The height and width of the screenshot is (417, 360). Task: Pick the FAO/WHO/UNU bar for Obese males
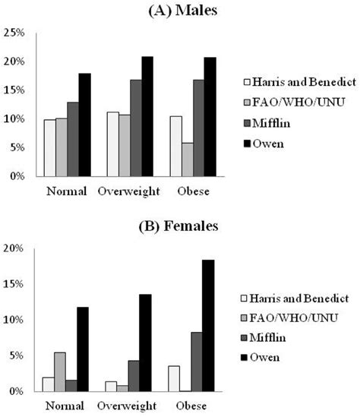186,160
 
